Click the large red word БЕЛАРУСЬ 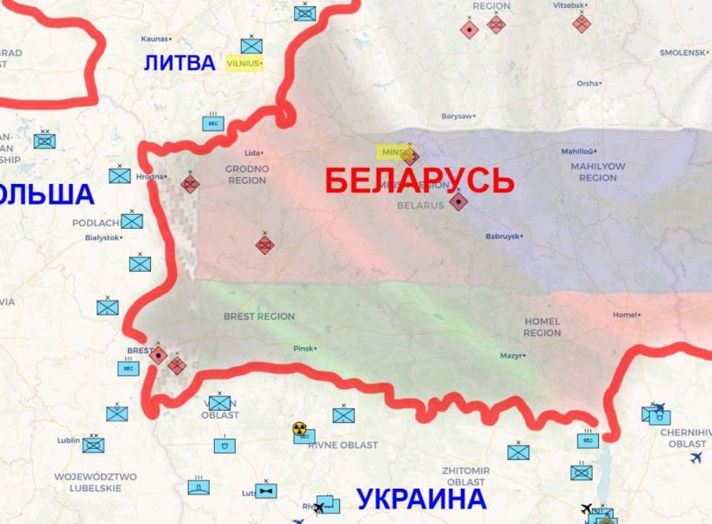[x=419, y=181]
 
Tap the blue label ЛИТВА [x=180, y=63]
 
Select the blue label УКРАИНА [x=421, y=500]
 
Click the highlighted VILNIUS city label [x=243, y=63]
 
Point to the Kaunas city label [x=155, y=39]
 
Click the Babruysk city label [x=504, y=236]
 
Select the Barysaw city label [x=458, y=116]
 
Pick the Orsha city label [x=589, y=84]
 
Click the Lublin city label [x=70, y=440]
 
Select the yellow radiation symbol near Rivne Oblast [x=299, y=427]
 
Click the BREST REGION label [x=259, y=317]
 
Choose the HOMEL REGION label [x=542, y=327]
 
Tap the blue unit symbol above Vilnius [x=252, y=45]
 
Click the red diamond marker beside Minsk [x=410, y=156]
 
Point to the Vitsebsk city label [x=569, y=5]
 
